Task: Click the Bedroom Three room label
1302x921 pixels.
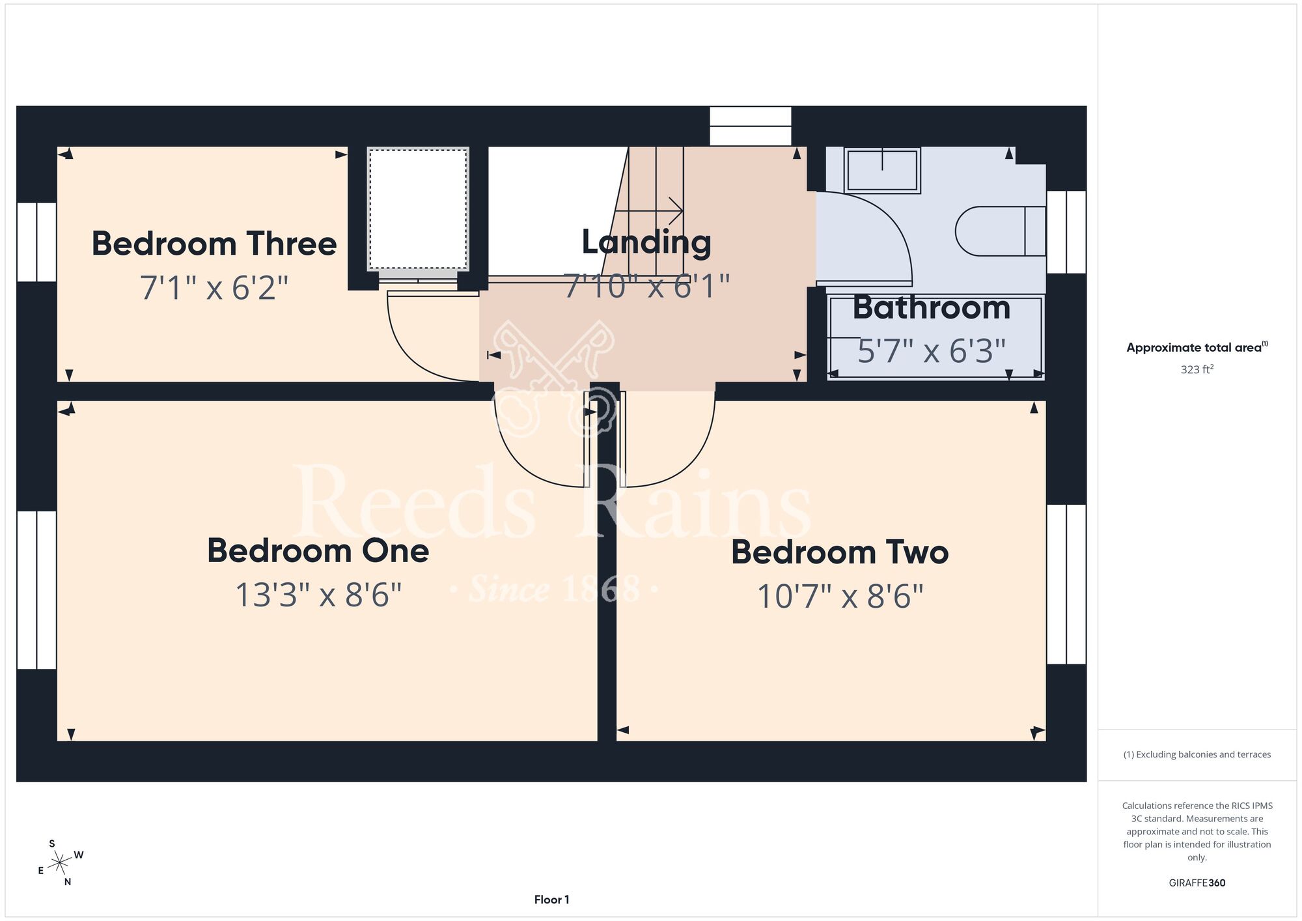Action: tap(214, 244)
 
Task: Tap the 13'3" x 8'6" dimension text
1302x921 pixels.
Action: tap(318, 595)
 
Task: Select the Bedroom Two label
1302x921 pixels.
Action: tap(840, 552)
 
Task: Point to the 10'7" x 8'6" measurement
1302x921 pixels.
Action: tap(840, 597)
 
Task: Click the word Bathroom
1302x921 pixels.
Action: tap(932, 307)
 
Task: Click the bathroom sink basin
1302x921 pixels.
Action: tap(882, 170)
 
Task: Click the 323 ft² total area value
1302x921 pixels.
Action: tap(1197, 369)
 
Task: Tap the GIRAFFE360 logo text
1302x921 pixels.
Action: tap(1197, 883)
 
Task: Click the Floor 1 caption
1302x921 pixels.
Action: tap(551, 900)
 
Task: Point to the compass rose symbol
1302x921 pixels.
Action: tap(61, 863)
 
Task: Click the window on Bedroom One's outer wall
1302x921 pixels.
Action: tap(36, 590)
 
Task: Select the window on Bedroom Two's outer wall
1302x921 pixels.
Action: tap(1066, 584)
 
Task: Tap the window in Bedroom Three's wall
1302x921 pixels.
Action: tap(36, 242)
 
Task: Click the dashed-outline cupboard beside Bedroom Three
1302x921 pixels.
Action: tap(418, 209)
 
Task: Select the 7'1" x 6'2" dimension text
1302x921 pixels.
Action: tap(214, 288)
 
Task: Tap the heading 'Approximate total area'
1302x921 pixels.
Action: tap(1194, 348)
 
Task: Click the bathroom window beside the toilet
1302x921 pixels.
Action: tap(1066, 232)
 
